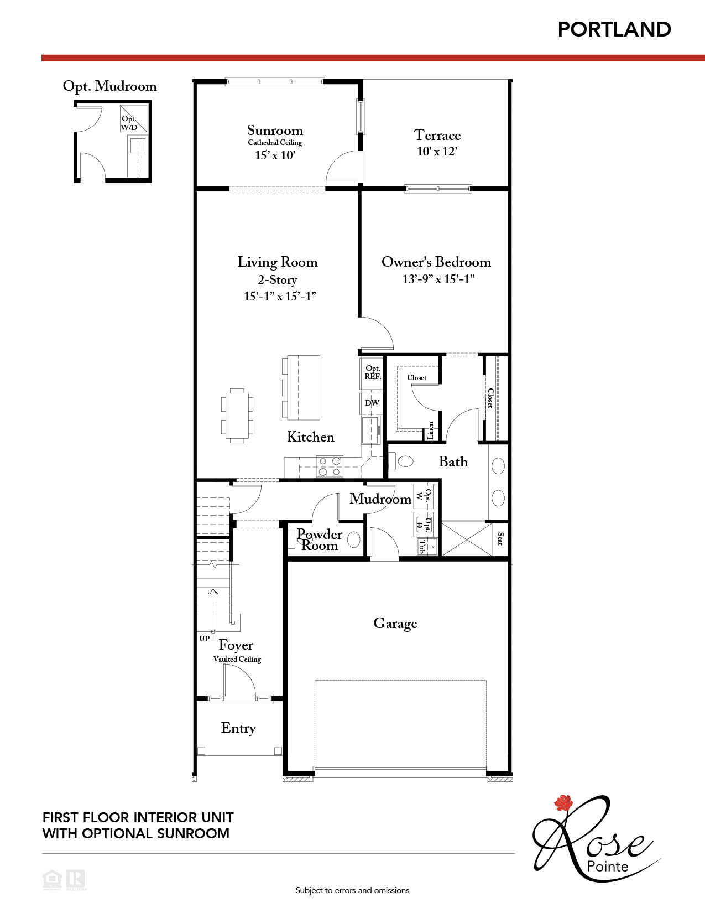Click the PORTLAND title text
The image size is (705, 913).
[x=614, y=29]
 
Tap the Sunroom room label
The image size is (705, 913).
[x=275, y=131]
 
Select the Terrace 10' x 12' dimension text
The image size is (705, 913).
[x=437, y=152]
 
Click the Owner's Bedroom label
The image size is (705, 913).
[x=436, y=262]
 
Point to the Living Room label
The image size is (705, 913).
[x=278, y=262]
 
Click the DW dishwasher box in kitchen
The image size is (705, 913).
[x=372, y=403]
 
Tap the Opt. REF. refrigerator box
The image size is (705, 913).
[x=373, y=372]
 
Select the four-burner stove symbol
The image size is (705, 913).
[x=330, y=466]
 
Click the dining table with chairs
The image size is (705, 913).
[x=237, y=416]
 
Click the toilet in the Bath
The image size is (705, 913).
[x=403, y=461]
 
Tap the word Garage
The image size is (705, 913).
[x=395, y=624]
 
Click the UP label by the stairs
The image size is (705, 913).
[x=205, y=639]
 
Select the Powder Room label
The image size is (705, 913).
[x=320, y=540]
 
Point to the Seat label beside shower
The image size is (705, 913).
[x=500, y=538]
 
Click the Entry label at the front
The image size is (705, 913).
[x=238, y=728]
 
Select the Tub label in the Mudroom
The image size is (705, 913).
[x=422, y=547]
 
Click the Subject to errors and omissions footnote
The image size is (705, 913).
[x=352, y=890]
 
